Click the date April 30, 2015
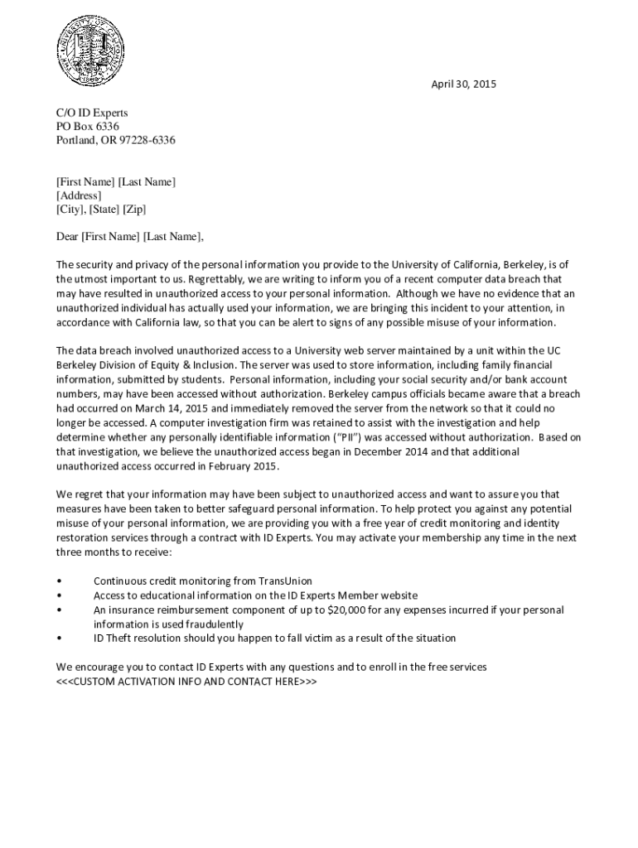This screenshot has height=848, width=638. pos(463,84)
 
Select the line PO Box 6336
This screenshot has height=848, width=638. pos(88,127)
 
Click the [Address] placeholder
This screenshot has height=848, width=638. pos(79,195)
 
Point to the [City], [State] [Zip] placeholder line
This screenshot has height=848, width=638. pos(101,210)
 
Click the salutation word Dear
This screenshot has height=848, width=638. pos(67,237)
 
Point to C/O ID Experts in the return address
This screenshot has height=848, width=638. pos(92,113)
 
